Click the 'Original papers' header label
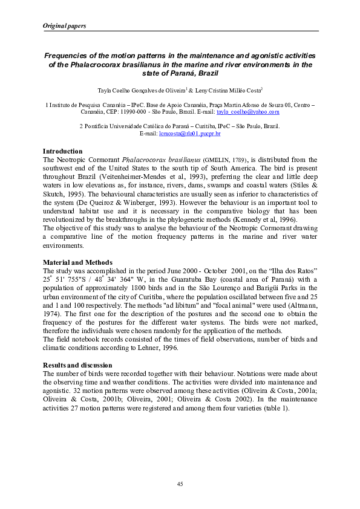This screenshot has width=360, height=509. [x=64, y=26]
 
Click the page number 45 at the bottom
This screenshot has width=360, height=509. [x=180, y=483]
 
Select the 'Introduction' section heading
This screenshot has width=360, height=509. [x=62, y=151]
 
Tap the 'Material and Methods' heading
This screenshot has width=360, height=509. [x=77, y=262]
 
